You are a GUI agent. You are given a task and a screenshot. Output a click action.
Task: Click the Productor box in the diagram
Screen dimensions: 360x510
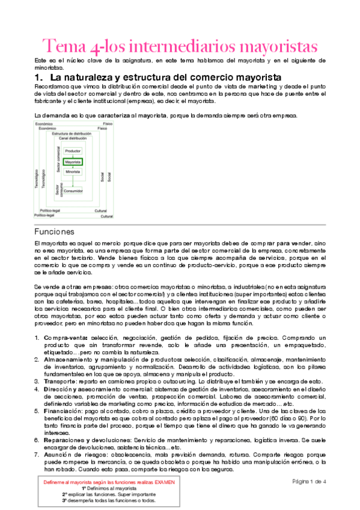[73, 150]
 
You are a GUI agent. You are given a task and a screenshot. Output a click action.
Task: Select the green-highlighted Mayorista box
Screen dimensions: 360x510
[73, 161]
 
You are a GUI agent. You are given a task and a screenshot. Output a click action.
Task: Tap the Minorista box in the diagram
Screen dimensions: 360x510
[73, 172]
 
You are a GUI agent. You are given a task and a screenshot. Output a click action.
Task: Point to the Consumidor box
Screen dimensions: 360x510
[73, 191]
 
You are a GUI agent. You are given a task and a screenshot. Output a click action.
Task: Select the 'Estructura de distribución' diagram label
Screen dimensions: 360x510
[72, 133]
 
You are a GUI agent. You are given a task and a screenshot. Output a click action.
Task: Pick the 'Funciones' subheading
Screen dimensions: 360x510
[53, 231]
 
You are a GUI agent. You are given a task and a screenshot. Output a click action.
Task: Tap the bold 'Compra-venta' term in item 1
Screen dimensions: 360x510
[61, 339]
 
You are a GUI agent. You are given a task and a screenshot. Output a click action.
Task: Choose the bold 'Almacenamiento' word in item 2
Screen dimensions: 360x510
[64, 360]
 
